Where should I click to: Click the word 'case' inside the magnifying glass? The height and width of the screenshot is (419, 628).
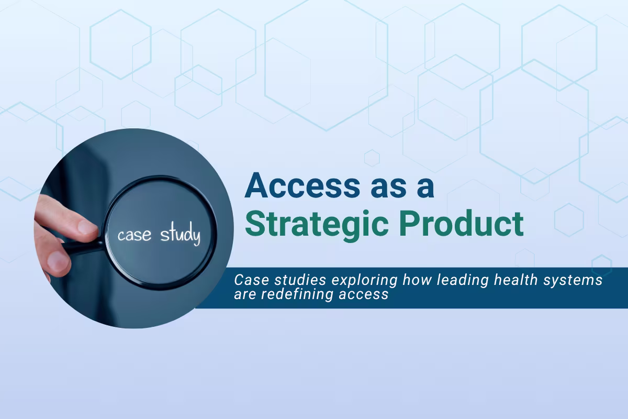click(x=134, y=235)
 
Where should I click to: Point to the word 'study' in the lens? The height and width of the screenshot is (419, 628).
click(x=180, y=235)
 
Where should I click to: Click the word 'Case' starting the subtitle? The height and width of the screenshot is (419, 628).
click(x=248, y=280)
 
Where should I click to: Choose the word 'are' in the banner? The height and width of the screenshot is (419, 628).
click(x=244, y=294)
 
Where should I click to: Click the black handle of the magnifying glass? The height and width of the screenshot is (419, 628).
click(x=84, y=247)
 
